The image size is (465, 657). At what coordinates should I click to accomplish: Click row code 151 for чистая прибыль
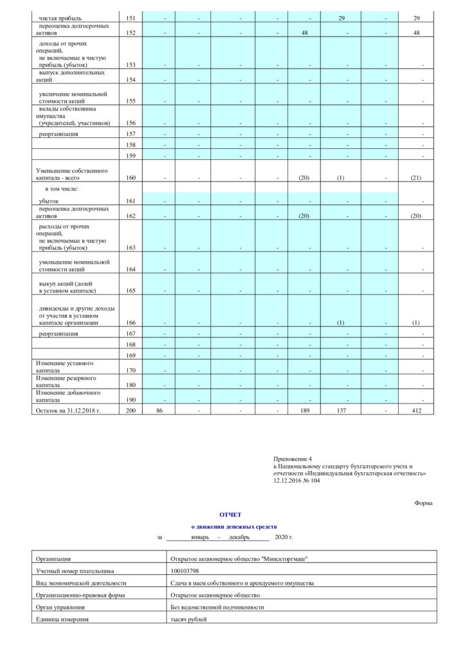[131, 19]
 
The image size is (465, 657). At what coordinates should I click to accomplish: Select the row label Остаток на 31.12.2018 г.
[68, 410]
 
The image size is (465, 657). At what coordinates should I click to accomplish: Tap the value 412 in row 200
[416, 410]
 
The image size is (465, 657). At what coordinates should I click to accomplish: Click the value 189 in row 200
[306, 410]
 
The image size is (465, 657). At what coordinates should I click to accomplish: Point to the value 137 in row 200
[342, 410]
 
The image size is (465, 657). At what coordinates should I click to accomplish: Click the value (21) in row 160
[416, 177]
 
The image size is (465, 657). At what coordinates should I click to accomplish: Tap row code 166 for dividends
[131, 323]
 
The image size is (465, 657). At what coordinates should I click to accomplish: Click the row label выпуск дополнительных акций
[71, 76]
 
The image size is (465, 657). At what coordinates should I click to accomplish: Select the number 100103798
[185, 570]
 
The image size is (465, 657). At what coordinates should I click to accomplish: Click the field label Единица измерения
[62, 619]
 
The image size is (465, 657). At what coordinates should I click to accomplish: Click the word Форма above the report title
[423, 503]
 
